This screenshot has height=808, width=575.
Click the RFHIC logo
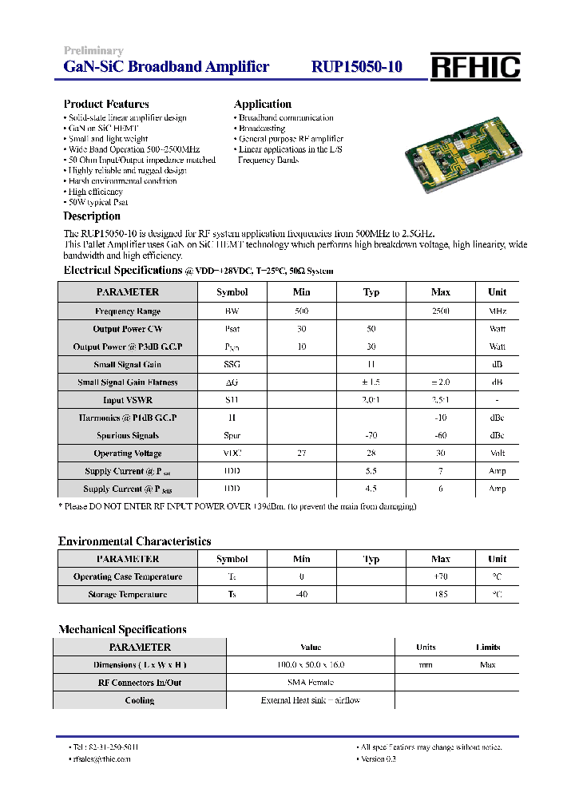click(x=475, y=67)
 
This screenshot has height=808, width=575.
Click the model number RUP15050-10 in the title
click(x=356, y=67)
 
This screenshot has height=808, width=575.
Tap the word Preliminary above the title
click(x=93, y=51)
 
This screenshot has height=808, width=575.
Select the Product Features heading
click(x=106, y=104)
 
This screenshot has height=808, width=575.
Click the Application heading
click(x=262, y=104)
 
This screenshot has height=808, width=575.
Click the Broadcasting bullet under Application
click(x=261, y=129)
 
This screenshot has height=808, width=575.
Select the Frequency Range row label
click(x=128, y=311)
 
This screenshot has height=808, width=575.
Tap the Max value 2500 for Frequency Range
click(x=440, y=311)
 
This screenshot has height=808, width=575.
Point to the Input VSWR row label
click(x=128, y=400)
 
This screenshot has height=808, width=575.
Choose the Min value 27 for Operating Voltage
click(x=301, y=454)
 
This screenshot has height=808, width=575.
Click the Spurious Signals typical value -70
click(x=371, y=436)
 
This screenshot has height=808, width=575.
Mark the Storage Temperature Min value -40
click(x=301, y=595)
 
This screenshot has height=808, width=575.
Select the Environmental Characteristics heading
click(x=134, y=541)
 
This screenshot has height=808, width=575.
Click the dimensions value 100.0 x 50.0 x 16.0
click(x=311, y=665)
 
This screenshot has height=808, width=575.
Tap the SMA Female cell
click(x=311, y=683)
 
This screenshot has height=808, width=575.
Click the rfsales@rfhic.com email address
click(x=101, y=759)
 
